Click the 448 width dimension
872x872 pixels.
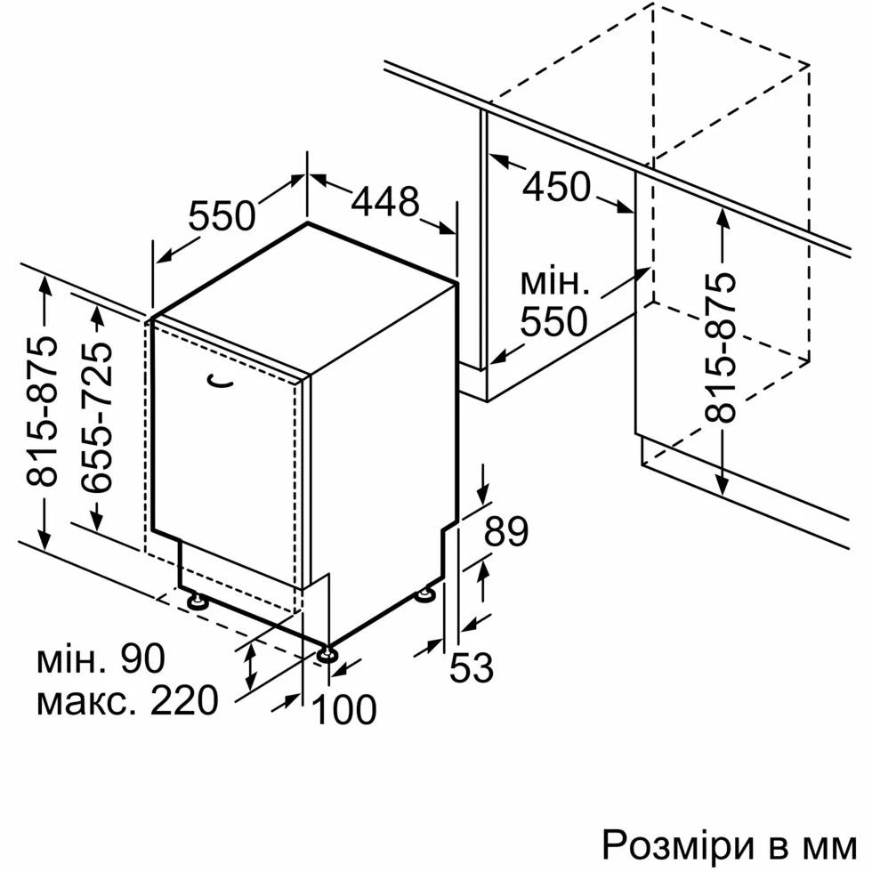[384, 201]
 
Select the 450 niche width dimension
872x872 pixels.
[557, 186]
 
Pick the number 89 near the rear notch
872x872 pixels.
[505, 532]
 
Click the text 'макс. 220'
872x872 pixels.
[126, 700]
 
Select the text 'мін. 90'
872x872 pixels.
[101, 658]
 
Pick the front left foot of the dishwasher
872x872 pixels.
[197, 601]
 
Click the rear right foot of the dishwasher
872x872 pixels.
[427, 595]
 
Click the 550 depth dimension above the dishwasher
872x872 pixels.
[222, 216]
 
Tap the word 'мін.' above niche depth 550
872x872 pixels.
[554, 282]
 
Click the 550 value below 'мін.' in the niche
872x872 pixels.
[554, 321]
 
